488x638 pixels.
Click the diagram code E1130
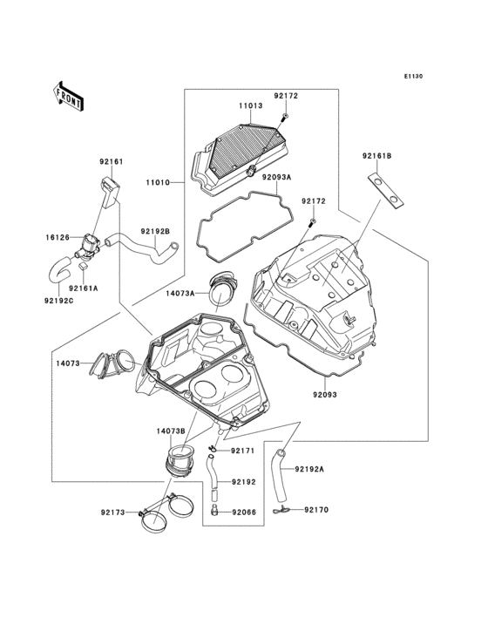click(x=413, y=76)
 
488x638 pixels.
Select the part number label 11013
click(x=250, y=105)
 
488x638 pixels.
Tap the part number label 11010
click(x=159, y=183)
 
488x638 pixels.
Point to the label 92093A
click(x=276, y=177)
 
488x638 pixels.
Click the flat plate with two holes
click(x=386, y=191)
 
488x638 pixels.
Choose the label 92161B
click(x=377, y=155)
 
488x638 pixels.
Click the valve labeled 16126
click(x=90, y=246)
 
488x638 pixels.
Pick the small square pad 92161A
click(x=84, y=266)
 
